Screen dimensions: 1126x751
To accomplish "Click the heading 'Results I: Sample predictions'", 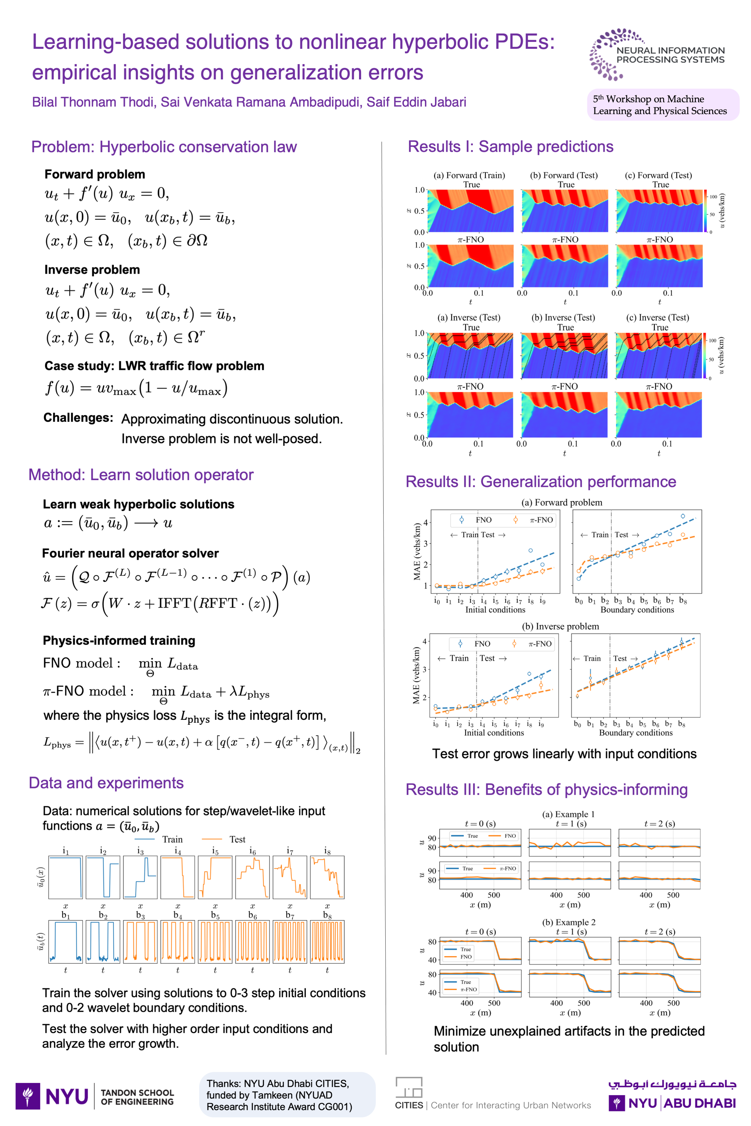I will [510, 147].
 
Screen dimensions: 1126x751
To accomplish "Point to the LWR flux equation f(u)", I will [137, 388].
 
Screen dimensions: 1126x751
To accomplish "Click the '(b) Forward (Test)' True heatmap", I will [565, 211].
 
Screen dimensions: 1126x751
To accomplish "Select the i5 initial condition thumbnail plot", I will [215, 877].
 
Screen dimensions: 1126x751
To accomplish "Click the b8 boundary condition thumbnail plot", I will [327, 941].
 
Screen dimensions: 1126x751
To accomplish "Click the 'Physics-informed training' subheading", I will [119, 640].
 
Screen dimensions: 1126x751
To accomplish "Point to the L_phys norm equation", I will [201, 742].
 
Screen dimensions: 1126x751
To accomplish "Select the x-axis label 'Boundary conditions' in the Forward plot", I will [637, 610].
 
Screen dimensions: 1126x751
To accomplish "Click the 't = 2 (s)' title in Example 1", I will [659, 823].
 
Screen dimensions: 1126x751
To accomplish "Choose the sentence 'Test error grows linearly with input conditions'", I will [564, 754].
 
